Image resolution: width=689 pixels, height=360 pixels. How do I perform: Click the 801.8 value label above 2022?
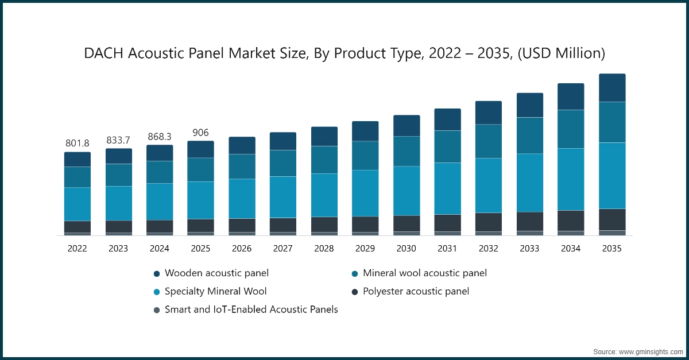point(77,143)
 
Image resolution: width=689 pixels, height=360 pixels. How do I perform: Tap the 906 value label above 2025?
point(200,132)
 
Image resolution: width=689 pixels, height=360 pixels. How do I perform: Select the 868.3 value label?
point(159,136)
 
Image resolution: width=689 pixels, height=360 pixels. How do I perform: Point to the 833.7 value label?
point(118,140)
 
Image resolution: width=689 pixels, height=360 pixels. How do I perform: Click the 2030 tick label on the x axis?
point(406,249)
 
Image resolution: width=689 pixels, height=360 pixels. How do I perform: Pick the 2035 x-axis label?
point(611,249)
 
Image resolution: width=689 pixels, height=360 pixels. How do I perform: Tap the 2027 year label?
point(282,249)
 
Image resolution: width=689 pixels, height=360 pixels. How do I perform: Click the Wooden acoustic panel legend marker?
point(156,274)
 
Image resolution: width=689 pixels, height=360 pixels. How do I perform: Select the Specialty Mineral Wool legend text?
point(215,291)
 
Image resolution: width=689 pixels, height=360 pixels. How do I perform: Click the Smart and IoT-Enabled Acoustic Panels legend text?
point(251,309)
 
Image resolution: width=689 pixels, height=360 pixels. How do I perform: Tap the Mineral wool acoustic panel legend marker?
point(355,274)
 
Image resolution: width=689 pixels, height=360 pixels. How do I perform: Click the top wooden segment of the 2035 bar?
point(612,88)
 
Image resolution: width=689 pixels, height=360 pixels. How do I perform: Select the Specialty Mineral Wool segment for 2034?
point(571,179)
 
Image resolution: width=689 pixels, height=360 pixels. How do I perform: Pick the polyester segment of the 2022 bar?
point(78,227)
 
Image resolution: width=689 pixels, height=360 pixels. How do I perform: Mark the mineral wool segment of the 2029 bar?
point(365,156)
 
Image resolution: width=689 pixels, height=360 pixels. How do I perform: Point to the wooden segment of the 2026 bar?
point(242,145)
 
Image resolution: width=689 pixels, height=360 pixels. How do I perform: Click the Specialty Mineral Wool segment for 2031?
point(447,188)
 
